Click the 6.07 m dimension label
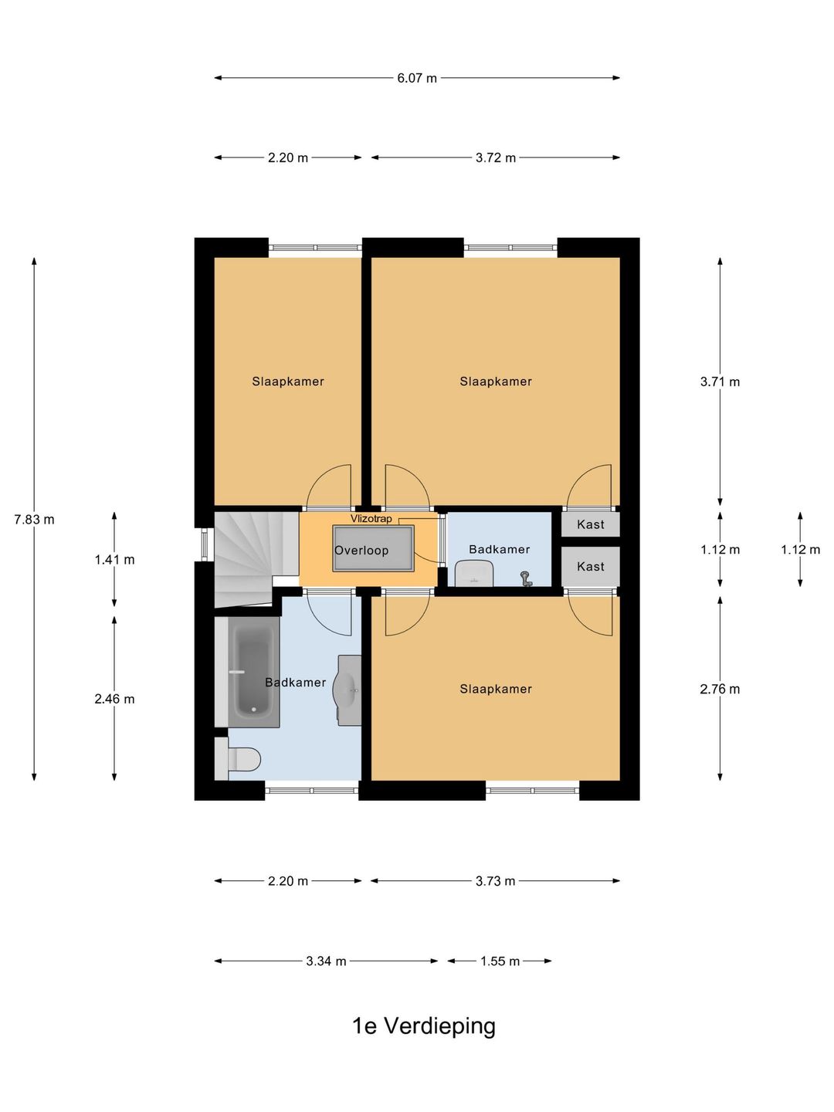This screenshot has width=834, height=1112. (x=416, y=78)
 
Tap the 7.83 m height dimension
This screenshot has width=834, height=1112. (x=34, y=519)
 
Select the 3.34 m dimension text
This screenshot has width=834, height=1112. (x=326, y=961)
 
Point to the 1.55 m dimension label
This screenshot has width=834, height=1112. (x=500, y=961)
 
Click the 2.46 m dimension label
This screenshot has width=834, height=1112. (x=114, y=699)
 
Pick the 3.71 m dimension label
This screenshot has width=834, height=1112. (x=720, y=381)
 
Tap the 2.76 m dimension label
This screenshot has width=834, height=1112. (x=720, y=689)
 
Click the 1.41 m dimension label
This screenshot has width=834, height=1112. (x=114, y=560)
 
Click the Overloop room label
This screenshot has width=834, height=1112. (x=361, y=550)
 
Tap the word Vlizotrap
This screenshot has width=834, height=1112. (x=371, y=519)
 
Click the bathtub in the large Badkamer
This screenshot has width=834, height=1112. (x=254, y=673)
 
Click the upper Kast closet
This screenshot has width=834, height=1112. (x=591, y=524)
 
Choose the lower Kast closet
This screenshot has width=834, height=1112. (x=591, y=566)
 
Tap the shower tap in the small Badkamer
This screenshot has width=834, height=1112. (x=527, y=578)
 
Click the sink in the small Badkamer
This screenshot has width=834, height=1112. (x=474, y=574)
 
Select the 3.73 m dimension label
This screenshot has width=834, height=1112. (x=495, y=881)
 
